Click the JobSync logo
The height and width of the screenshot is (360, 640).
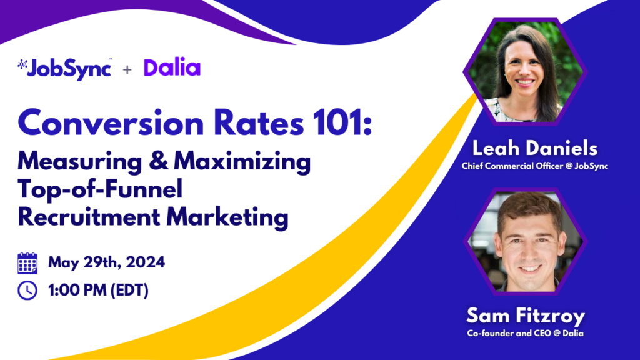(x=64, y=69)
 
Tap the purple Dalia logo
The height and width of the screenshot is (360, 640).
(x=172, y=67)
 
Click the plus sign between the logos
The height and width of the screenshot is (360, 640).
(x=127, y=70)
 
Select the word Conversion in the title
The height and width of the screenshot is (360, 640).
(x=111, y=123)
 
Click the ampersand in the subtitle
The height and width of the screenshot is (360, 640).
(x=158, y=161)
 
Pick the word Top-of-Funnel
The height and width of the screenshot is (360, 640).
(x=100, y=189)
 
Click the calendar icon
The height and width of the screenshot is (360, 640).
(x=27, y=263)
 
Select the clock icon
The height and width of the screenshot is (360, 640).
(x=27, y=291)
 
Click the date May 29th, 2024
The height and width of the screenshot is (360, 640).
(x=106, y=262)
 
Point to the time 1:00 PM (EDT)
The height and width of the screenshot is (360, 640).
(x=98, y=291)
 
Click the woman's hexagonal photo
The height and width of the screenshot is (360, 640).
(x=525, y=71)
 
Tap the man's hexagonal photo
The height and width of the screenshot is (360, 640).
(x=525, y=242)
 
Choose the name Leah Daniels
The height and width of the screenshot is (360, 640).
(x=535, y=148)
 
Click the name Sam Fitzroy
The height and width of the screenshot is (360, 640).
(x=526, y=316)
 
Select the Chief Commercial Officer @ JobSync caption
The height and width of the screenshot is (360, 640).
(x=535, y=166)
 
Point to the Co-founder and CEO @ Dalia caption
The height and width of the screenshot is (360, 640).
(x=525, y=334)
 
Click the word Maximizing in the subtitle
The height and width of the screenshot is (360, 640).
(x=242, y=162)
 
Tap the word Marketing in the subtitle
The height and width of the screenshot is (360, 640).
(x=227, y=217)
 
